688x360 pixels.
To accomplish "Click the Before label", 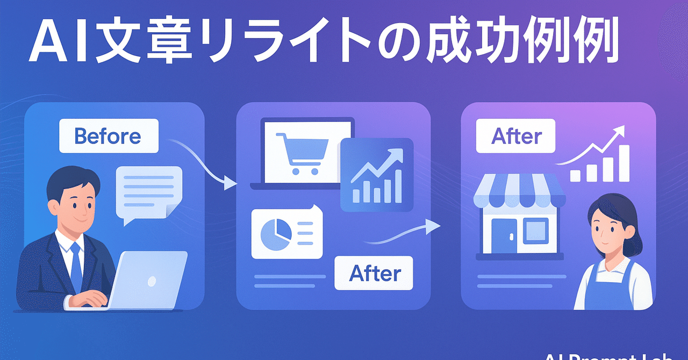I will coord(108,136).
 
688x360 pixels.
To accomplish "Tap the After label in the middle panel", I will coord(374,273).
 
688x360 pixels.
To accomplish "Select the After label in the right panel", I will coord(516,136).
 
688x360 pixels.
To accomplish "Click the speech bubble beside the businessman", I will coord(148,193).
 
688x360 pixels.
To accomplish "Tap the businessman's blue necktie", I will coord(76,267).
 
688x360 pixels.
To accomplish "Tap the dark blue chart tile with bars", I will coord(377,175).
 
